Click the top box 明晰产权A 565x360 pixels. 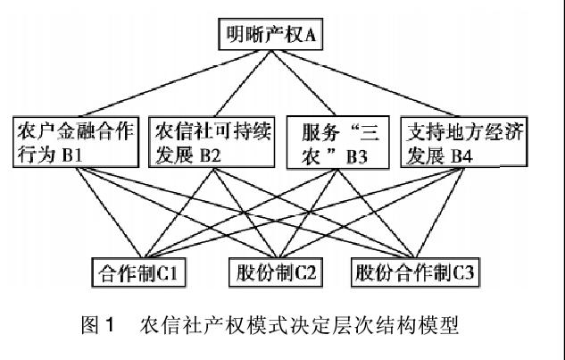point(270,34)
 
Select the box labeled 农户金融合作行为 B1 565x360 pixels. point(76,142)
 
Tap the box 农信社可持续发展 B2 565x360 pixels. point(212,142)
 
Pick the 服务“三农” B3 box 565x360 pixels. point(337,142)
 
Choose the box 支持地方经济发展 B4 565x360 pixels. point(464,142)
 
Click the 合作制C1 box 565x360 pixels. point(138,272)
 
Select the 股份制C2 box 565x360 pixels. point(276,272)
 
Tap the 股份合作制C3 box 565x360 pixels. point(415,272)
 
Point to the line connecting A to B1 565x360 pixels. point(169,83)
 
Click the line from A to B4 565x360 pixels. point(369,83)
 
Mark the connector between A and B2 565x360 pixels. point(244,83)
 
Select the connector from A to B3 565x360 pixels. point(303,83)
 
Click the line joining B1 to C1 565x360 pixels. point(109,213)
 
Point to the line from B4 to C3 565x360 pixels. point(440,213)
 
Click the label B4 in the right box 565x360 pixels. point(461,155)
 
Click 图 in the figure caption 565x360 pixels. point(89,324)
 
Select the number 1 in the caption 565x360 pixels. point(110,324)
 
